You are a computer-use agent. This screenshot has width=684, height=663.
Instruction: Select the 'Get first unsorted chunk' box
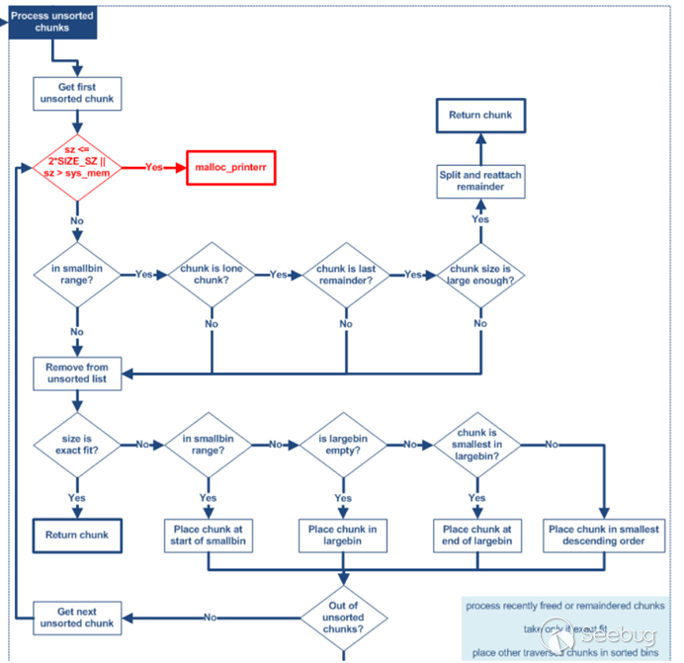click(77, 93)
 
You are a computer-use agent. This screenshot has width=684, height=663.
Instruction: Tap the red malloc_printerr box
click(230, 168)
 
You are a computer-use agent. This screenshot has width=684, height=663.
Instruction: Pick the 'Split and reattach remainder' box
click(480, 181)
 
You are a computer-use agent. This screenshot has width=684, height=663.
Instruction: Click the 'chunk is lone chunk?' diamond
click(212, 274)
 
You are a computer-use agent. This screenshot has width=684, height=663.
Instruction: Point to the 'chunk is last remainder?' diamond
click(344, 274)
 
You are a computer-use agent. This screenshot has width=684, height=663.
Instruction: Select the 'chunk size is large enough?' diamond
click(481, 274)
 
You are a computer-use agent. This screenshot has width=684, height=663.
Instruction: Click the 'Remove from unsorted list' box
click(77, 373)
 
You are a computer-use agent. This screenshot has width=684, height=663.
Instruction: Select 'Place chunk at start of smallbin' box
click(209, 537)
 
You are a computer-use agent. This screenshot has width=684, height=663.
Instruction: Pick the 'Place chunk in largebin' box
click(343, 537)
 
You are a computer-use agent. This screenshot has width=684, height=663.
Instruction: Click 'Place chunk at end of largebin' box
click(477, 537)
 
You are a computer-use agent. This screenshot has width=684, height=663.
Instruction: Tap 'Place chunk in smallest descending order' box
click(603, 537)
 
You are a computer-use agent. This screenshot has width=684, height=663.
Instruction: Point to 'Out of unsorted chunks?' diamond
click(343, 616)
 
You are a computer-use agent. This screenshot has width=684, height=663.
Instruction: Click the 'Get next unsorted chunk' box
click(77, 617)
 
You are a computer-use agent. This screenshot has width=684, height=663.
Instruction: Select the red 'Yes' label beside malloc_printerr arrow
click(154, 168)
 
